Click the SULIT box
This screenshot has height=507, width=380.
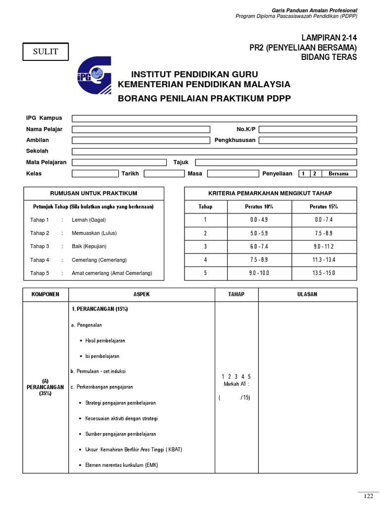pyautogui.click(x=46, y=51)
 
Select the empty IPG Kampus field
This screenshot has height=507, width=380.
pyautogui.click(x=214, y=118)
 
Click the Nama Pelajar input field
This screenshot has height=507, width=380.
pyautogui.click(x=141, y=129)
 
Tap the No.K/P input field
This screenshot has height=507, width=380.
pyautogui.click(x=307, y=129)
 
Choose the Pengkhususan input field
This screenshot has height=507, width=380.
pyautogui.click(x=307, y=140)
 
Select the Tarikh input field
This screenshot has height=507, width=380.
pyautogui.click(x=164, y=174)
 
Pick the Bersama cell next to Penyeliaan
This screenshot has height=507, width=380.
pyautogui.click(x=338, y=174)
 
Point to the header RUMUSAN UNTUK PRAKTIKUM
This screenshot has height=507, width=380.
pyautogui.click(x=94, y=193)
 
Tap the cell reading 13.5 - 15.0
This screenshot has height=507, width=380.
pyautogui.click(x=324, y=273)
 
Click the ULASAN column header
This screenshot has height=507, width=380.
pyautogui.click(x=307, y=294)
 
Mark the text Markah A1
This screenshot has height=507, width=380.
pyautogui.click(x=236, y=384)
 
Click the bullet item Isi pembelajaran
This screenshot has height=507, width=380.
pyautogui.click(x=102, y=356)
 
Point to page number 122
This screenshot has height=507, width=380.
pyautogui.click(x=368, y=496)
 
